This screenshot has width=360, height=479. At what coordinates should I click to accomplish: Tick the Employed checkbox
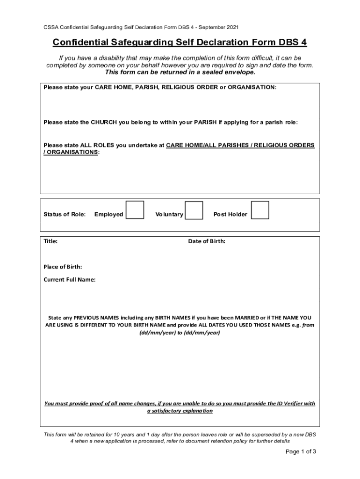click(135, 210)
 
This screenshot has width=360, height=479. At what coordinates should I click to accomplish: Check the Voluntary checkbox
click(194, 210)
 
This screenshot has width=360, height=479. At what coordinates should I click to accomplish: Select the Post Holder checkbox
click(260, 210)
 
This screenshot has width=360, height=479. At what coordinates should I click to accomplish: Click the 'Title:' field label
click(50, 241)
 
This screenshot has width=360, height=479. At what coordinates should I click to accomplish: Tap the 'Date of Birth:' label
click(207, 241)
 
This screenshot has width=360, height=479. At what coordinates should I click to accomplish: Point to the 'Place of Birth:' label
click(63, 267)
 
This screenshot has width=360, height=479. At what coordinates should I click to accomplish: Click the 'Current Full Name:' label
click(70, 280)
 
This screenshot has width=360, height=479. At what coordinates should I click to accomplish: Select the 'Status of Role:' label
click(65, 214)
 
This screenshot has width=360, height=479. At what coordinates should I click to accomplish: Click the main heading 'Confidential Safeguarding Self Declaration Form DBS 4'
click(180, 43)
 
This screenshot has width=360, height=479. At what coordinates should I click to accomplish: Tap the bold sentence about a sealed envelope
click(180, 72)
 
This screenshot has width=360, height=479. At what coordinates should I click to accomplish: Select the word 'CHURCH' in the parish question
click(104, 122)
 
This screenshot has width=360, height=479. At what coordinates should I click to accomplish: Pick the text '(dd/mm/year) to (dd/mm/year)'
click(180, 333)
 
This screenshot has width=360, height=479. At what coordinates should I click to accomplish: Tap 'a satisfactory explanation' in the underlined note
click(180, 411)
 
